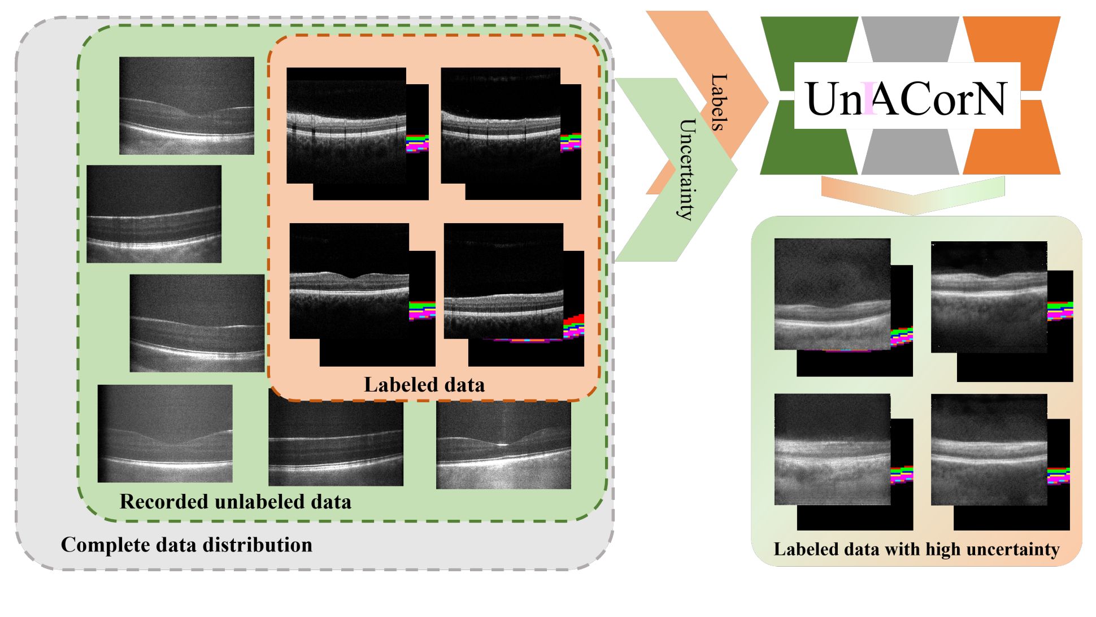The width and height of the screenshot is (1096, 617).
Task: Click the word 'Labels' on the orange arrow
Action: (717, 102)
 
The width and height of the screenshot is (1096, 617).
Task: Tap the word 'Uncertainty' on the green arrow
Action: (685, 169)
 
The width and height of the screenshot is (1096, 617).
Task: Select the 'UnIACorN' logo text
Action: (906, 98)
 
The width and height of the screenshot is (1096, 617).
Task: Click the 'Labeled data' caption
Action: (424, 385)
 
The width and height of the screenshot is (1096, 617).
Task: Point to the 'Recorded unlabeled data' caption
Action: (236, 501)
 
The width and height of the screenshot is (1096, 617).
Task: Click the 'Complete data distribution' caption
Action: (186, 545)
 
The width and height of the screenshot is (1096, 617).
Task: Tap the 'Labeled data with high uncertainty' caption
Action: (916, 549)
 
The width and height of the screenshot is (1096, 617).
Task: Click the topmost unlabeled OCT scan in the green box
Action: (186, 106)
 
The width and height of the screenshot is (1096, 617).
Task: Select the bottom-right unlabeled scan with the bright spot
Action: (503, 445)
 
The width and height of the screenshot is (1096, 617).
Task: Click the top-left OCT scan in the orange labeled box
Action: (346, 125)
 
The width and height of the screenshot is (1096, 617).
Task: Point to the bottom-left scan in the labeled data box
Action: (349, 281)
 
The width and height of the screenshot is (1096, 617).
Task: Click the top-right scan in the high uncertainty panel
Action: (989, 297)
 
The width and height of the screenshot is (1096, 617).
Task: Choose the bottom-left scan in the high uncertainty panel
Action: (833, 449)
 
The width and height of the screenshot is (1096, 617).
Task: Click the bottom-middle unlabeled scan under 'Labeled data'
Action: (336, 444)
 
